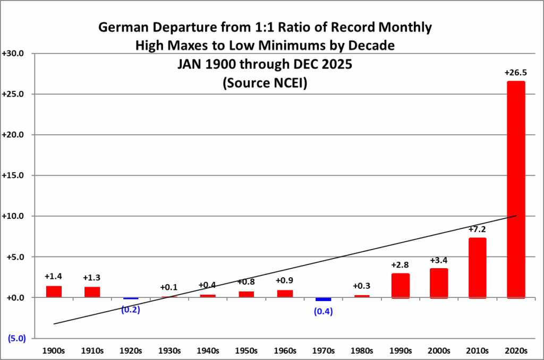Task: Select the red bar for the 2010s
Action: [478, 268]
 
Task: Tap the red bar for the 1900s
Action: [54, 292]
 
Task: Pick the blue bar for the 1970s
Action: [323, 299]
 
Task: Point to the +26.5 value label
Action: [515, 73]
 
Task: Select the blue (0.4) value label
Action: [324, 312]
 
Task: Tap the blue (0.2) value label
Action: [130, 310]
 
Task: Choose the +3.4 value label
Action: [439, 260]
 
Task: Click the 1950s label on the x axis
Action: [246, 351]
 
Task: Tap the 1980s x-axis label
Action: [362, 351]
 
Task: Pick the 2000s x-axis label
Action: [439, 351]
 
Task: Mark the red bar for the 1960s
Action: [285, 294]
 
